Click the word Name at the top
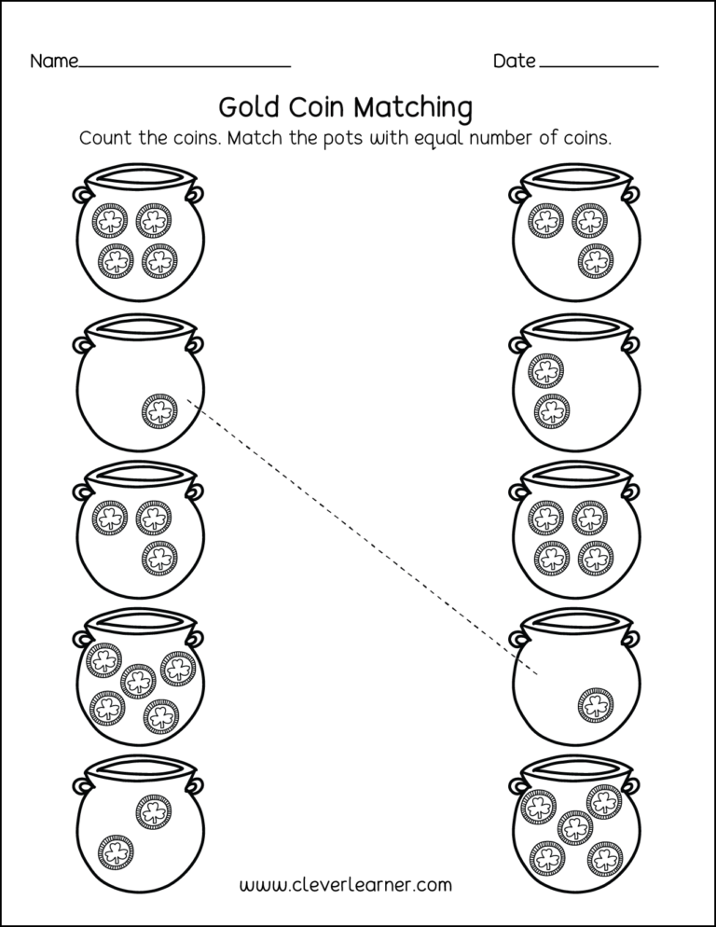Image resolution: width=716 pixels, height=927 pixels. coord(54,62)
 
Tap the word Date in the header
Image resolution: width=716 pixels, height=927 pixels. coord(514,62)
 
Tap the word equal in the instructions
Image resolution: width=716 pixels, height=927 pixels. coord(440,140)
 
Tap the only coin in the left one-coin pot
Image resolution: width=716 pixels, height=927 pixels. coord(159,411)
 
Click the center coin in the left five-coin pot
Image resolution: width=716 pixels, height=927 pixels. coord(138,682)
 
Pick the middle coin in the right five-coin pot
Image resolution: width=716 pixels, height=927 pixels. coord(574,826)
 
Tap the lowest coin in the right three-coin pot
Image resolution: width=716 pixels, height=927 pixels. coord(594,261)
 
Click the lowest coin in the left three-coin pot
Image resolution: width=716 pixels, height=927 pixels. coord(159,558)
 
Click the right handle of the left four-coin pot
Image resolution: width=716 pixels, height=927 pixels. coord(195,193)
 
